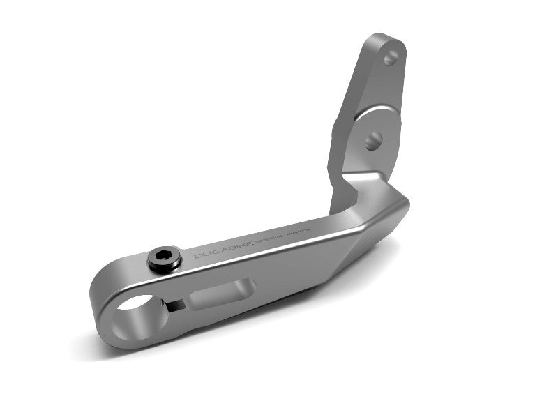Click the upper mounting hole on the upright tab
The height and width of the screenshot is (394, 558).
[x=391, y=59]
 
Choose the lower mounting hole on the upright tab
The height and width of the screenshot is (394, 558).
[x=372, y=140]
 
